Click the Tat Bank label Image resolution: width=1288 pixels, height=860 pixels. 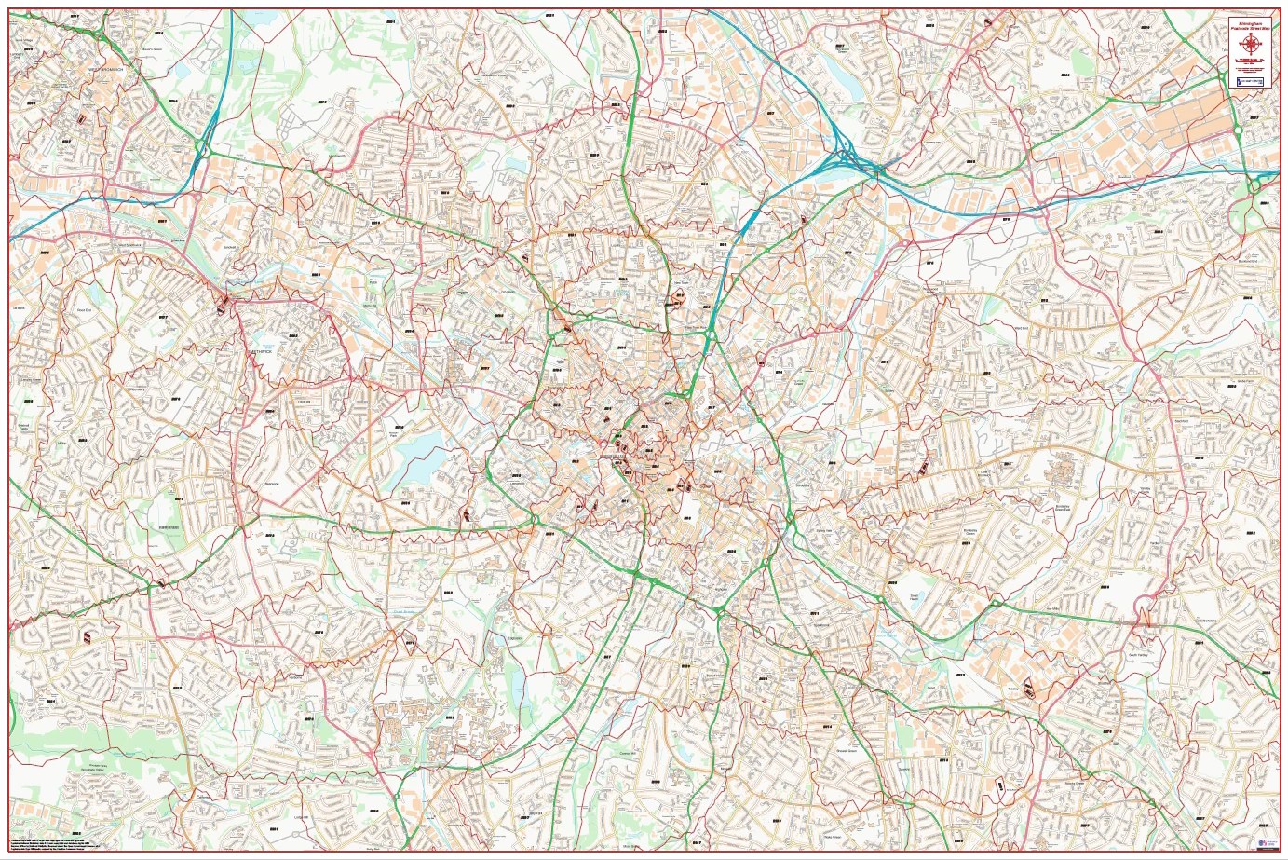19,307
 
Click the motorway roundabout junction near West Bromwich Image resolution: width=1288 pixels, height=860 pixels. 202,147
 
